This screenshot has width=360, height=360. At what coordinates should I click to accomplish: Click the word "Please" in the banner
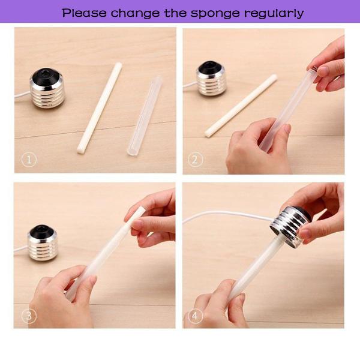[x=84, y=13]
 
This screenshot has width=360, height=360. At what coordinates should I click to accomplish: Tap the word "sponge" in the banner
[x=215, y=14]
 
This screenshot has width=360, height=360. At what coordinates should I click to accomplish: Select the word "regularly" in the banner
[x=274, y=14]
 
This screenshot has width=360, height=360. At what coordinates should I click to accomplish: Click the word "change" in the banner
[x=135, y=14]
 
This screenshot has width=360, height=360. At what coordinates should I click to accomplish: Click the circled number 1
[x=29, y=160]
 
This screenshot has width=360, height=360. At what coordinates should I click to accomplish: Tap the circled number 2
[x=195, y=160]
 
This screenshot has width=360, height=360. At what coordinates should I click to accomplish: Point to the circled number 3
[x=29, y=316]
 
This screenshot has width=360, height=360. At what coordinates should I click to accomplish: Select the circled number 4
[x=195, y=316]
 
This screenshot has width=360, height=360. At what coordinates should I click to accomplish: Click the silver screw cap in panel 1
[x=47, y=88]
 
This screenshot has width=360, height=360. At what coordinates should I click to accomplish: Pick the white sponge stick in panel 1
[x=100, y=107]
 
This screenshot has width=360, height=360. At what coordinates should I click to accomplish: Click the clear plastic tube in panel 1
[x=144, y=116]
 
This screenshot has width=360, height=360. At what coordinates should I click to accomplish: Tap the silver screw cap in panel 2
[x=211, y=78]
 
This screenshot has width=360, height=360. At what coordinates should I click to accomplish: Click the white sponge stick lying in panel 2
[x=241, y=106]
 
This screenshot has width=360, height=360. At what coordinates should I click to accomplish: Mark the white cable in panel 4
[x=227, y=215]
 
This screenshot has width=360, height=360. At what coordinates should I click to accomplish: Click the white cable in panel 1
[x=22, y=95]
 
